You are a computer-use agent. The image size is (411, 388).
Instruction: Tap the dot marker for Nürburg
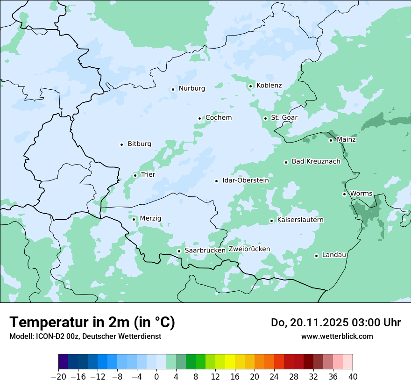[173, 89]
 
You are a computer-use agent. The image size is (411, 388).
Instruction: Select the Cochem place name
[218, 118]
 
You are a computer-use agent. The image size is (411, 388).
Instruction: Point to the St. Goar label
[284, 118]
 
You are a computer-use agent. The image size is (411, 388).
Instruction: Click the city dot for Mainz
[331, 140]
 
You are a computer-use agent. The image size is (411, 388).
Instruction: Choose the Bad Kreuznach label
[316, 162]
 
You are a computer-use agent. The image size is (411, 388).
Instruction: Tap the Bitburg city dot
[121, 144]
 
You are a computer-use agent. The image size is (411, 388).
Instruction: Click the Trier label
[148, 175]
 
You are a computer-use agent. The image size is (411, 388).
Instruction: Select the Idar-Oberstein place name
[245, 180]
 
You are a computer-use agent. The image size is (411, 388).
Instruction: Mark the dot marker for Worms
[344, 194]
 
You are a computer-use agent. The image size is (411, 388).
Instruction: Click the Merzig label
[150, 219]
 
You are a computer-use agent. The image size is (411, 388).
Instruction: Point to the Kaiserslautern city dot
[271, 221]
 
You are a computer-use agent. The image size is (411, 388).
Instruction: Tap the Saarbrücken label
[205, 251]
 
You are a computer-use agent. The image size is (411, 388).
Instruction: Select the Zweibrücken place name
[249, 249]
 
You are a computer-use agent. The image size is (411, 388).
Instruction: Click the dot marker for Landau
[316, 256]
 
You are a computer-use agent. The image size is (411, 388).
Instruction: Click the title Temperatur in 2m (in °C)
[92, 323]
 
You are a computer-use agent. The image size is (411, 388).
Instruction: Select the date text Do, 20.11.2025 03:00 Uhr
[335, 323]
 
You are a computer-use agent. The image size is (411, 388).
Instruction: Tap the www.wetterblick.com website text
[337, 337]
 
